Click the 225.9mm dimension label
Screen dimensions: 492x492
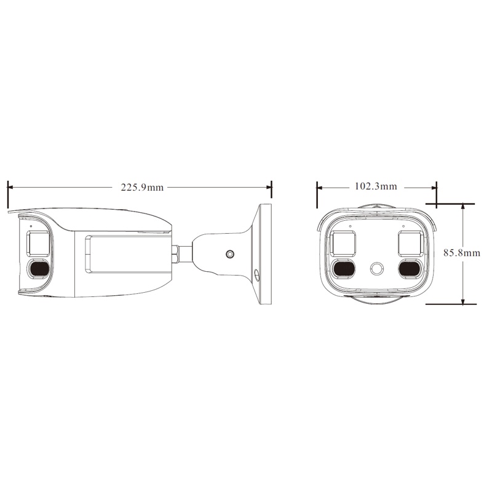142,187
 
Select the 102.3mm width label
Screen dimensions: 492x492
376,186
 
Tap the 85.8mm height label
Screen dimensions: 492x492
462,252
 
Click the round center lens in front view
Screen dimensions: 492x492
376,269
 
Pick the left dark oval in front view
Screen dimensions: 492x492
343,268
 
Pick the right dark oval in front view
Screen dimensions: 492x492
409,268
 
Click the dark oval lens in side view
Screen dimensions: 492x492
39,268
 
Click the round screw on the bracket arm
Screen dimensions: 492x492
230,253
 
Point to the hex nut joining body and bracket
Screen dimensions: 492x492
176,253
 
